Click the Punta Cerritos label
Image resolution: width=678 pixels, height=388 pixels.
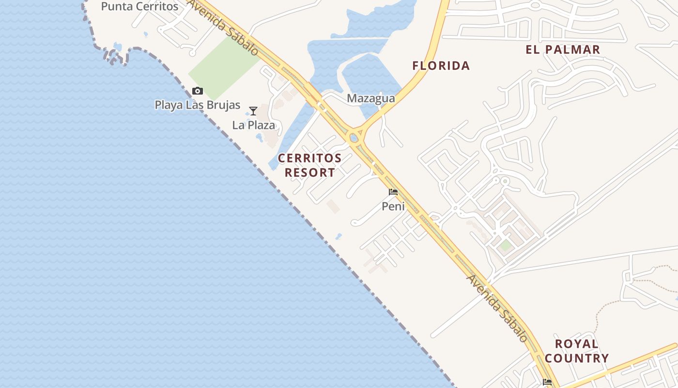tap(139, 6)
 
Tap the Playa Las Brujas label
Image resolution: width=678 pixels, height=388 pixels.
tap(197, 105)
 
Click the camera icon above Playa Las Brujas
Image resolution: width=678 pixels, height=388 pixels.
tap(197, 91)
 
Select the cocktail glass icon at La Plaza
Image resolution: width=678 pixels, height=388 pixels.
tap(253, 111)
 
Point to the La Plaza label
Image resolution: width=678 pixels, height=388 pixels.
tap(253, 125)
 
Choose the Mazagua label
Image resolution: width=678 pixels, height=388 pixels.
tap(370, 98)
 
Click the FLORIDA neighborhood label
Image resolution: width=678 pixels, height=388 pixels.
tap(441, 65)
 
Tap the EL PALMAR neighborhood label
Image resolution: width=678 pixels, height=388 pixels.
tap(563, 49)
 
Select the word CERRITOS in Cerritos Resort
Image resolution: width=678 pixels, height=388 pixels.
tap(309, 158)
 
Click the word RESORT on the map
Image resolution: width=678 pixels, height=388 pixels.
tap(309, 173)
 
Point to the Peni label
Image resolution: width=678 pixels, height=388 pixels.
tap(393, 207)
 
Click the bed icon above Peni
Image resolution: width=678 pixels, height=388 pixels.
tap(393, 192)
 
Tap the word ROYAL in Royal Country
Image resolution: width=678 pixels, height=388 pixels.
tap(576, 344)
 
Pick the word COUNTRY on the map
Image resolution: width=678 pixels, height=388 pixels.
tap(576, 358)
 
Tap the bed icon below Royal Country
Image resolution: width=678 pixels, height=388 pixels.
tap(547, 382)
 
